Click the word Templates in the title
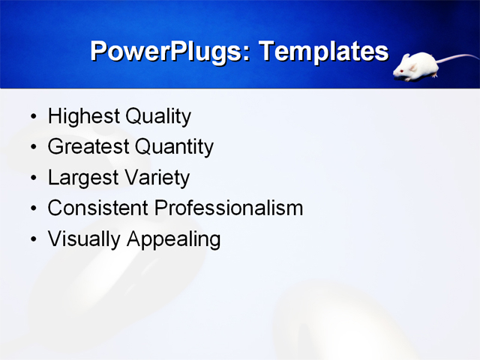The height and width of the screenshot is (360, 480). tap(323, 52)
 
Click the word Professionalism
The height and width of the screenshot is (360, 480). tap(229, 208)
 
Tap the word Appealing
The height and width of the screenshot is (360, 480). tap(173, 239)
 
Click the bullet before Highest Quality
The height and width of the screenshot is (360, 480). tap(32, 118)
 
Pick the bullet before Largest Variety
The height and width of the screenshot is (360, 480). tap(32, 179)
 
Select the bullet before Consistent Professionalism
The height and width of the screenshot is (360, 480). tap(32, 209)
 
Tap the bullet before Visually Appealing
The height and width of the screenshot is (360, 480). tap(32, 240)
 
